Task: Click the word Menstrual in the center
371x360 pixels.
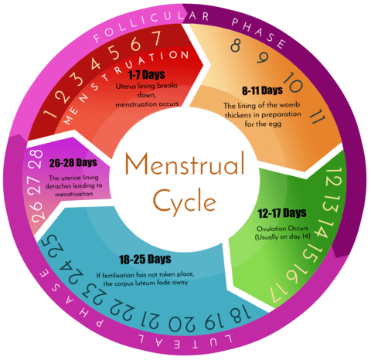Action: (x=185, y=165)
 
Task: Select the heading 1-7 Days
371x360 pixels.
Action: (x=146, y=75)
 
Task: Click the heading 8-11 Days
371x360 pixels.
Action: (x=262, y=90)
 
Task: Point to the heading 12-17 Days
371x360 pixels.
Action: (x=282, y=213)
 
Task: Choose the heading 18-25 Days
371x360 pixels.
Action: (x=145, y=260)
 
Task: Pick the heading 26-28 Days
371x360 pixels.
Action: (x=73, y=163)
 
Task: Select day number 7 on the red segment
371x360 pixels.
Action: (x=156, y=38)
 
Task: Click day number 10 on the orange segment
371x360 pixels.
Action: (x=293, y=82)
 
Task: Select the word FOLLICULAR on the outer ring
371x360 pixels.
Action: (x=139, y=25)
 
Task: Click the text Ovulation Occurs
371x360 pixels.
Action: (x=282, y=229)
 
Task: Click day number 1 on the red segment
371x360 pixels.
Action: (x=49, y=113)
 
